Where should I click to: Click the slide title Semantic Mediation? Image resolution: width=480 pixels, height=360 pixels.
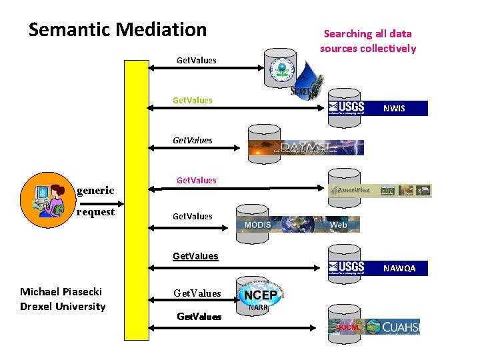point(117,30)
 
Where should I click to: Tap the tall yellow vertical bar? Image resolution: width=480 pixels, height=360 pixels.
point(138,200)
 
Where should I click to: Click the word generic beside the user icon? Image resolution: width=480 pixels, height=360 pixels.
point(95,191)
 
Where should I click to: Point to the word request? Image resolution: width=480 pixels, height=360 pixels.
point(95,212)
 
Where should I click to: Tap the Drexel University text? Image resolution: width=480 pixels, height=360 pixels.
point(63,307)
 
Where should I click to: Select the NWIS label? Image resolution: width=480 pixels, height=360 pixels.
point(394,108)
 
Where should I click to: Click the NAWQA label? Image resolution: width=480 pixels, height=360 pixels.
point(399,269)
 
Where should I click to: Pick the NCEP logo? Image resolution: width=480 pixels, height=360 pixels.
point(261,295)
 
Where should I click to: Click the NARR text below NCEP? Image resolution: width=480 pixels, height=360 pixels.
point(258,308)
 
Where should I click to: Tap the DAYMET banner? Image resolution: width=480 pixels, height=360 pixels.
point(306,147)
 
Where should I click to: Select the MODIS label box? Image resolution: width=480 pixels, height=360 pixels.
point(258,225)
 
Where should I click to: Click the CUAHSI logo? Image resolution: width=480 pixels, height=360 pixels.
point(393,327)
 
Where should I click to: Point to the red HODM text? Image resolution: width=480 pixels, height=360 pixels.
point(347,327)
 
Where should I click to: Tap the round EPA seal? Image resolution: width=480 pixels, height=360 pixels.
point(280,71)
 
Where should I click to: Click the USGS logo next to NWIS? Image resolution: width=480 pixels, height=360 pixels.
point(347,108)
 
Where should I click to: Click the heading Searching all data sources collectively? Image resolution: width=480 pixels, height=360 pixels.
point(367,41)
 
